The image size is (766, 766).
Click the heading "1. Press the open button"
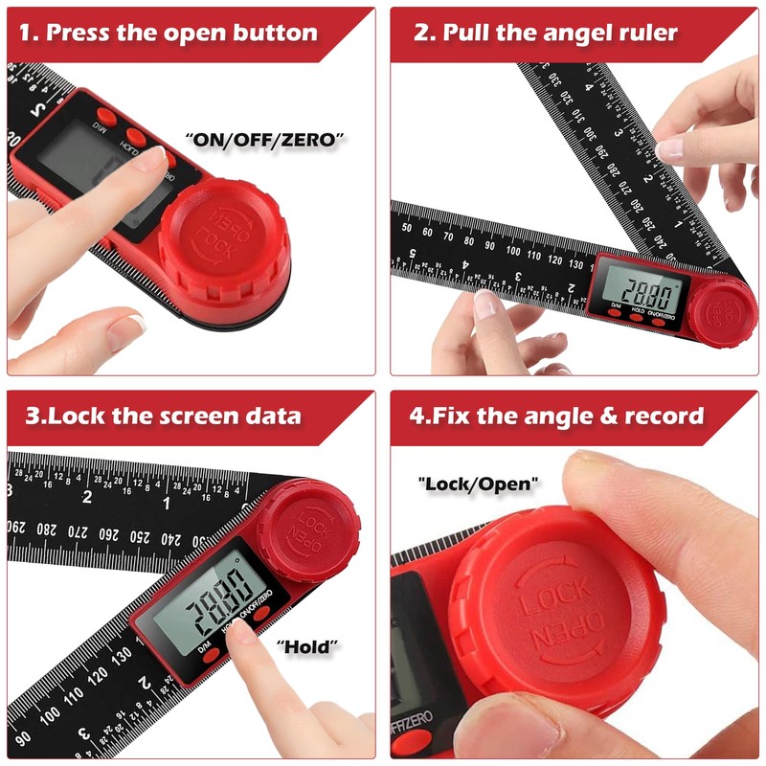pyautogui.click(x=182, y=32)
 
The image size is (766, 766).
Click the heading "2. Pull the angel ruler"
pyautogui.click(x=546, y=32)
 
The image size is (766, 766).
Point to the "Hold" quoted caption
pyautogui.click(x=308, y=647)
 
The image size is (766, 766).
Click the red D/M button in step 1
pyautogui.click(x=107, y=116)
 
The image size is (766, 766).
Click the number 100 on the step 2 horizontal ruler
pyautogui.click(x=514, y=252)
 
